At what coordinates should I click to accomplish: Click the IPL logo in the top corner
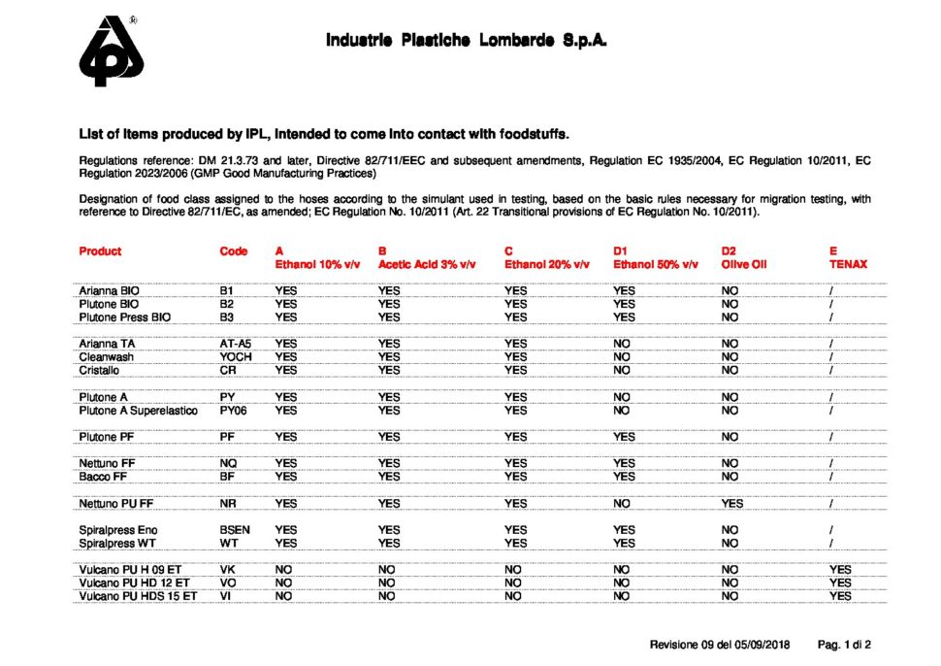click(x=112, y=52)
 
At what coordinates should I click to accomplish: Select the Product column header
click(x=100, y=251)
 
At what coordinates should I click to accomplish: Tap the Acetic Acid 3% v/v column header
click(x=426, y=264)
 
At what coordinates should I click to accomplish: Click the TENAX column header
click(x=848, y=264)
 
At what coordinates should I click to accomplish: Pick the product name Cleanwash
click(x=107, y=356)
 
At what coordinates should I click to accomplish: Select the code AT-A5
click(x=236, y=344)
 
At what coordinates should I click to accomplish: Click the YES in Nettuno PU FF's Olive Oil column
click(x=732, y=504)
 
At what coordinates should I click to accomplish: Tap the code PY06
click(x=234, y=411)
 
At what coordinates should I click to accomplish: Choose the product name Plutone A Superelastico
click(x=138, y=411)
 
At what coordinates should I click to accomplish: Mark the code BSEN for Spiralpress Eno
click(x=236, y=530)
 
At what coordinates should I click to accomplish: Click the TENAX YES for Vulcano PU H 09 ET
click(x=840, y=570)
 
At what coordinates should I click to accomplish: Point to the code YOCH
click(x=236, y=356)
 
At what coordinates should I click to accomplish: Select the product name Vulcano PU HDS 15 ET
click(x=138, y=596)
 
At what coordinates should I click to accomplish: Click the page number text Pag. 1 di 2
click(x=844, y=645)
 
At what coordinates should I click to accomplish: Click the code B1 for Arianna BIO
click(x=228, y=290)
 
